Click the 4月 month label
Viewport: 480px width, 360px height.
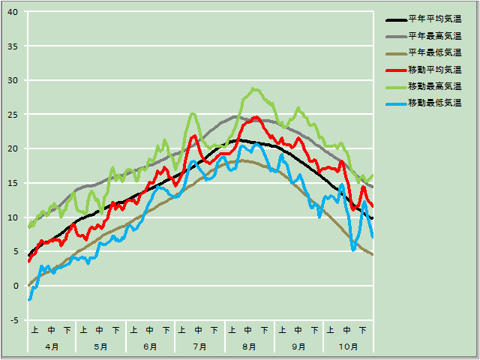coord(52,347)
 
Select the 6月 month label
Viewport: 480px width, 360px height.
coord(150,347)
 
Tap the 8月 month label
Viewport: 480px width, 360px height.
coord(249,347)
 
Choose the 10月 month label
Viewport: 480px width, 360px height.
coord(348,347)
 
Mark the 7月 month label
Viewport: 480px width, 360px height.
coord(199,347)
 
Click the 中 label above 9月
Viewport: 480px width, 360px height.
coord(298,330)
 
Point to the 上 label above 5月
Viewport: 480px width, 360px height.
coord(84,330)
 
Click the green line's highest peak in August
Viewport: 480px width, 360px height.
coord(254,88)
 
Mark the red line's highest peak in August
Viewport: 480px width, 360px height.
coord(256,117)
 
